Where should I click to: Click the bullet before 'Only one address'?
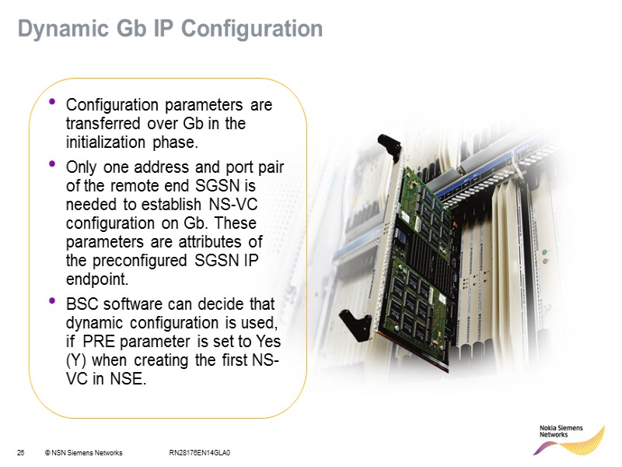(52, 163)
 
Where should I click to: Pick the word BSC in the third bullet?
(82, 302)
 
